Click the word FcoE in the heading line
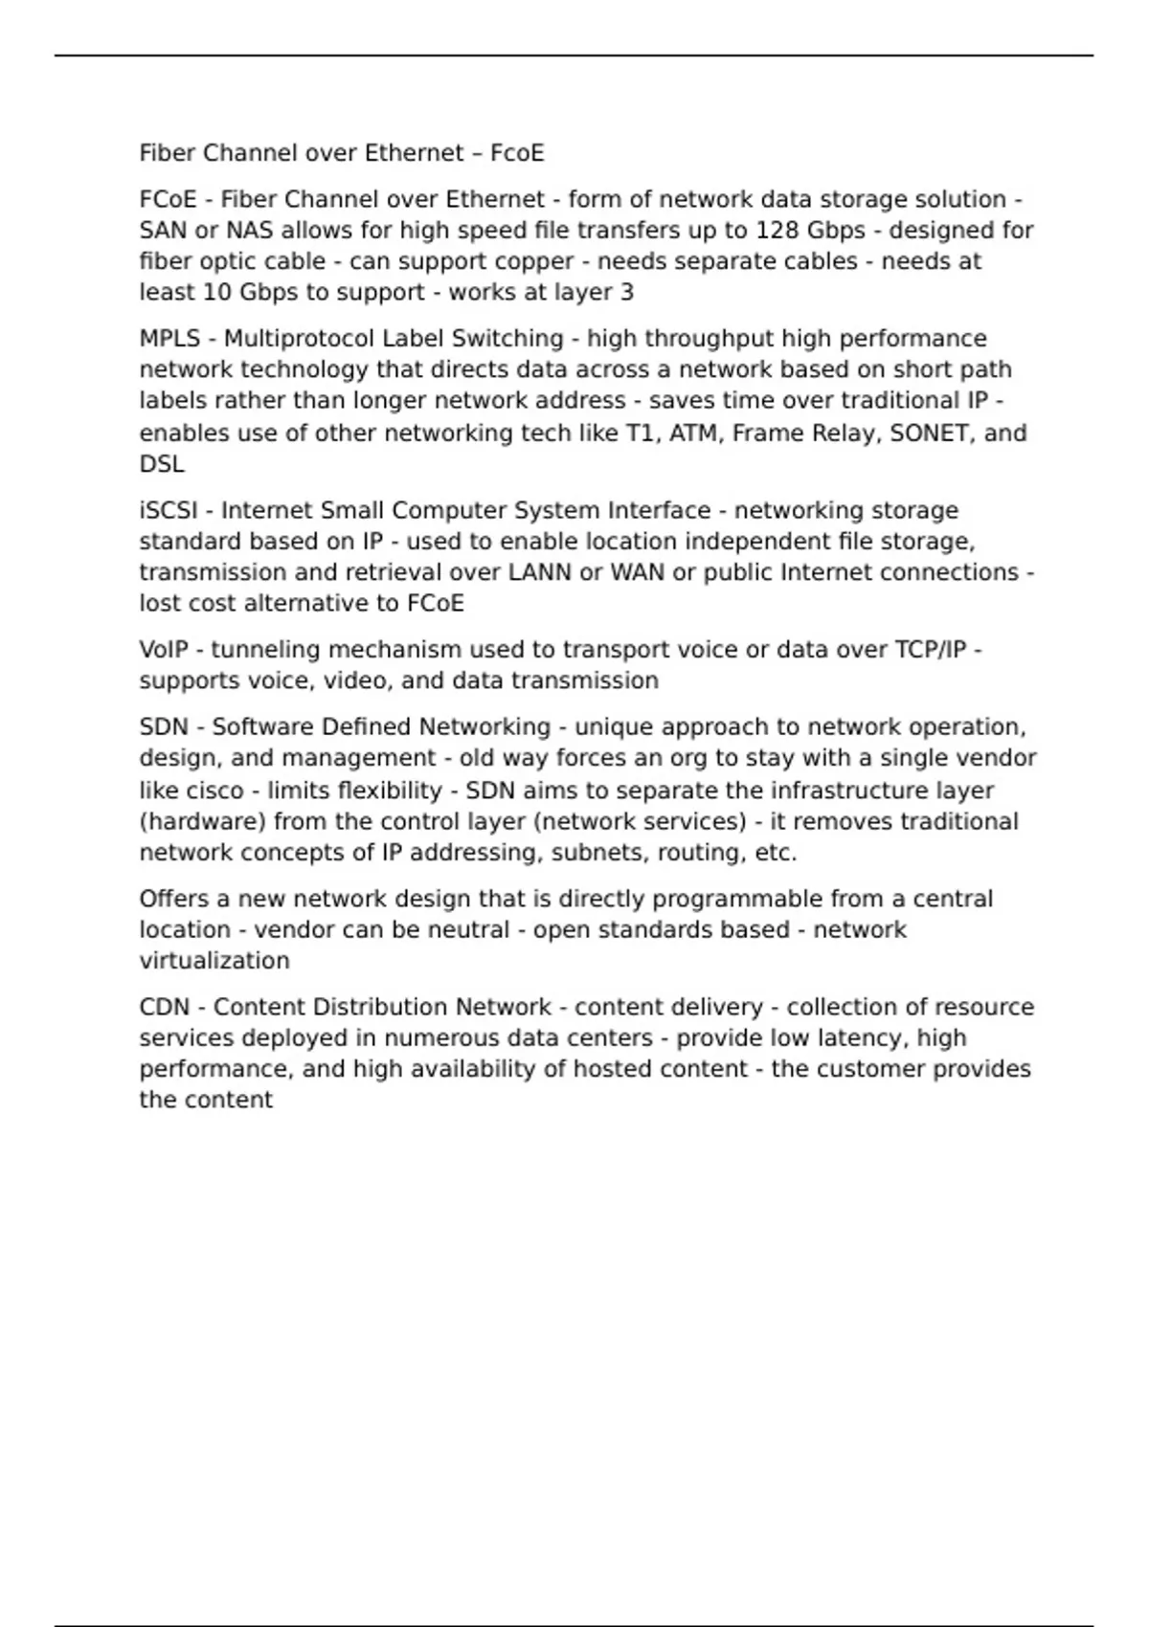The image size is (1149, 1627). [517, 153]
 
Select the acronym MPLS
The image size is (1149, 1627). [170, 339]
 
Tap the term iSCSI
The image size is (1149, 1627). [169, 511]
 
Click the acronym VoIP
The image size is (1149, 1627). [164, 650]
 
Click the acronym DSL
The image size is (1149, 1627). [162, 464]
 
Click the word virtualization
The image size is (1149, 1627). [214, 961]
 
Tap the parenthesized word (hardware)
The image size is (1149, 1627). [203, 822]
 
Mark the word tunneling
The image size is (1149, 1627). [266, 650]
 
